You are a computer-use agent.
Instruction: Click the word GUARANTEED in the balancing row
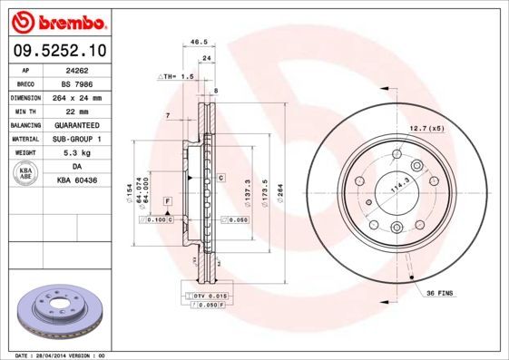(75, 125)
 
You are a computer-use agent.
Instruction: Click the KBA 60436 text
(75, 180)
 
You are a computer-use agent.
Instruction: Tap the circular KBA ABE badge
(25, 174)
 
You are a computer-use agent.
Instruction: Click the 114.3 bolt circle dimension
(396, 187)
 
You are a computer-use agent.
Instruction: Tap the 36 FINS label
(438, 293)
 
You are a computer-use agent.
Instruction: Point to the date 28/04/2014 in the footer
(55, 355)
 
